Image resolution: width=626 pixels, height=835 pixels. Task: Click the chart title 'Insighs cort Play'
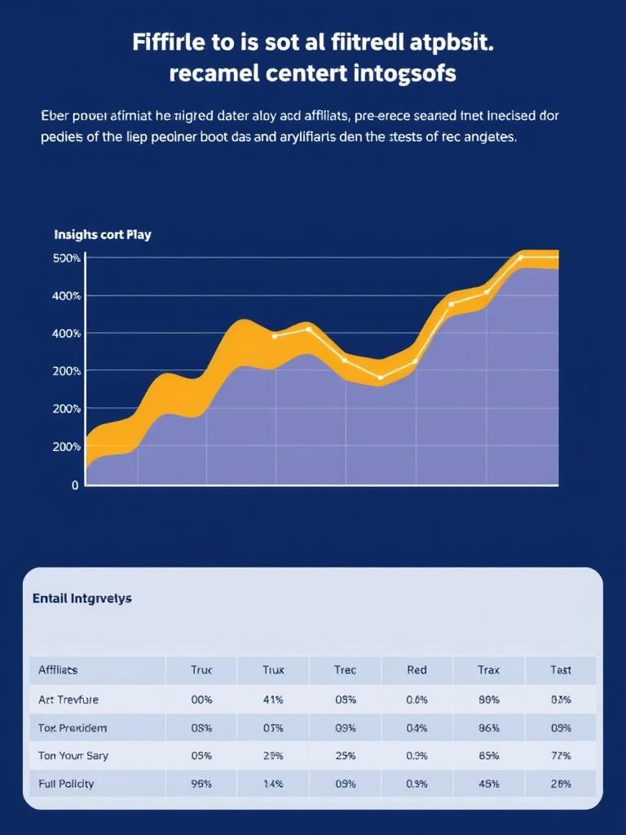(x=102, y=235)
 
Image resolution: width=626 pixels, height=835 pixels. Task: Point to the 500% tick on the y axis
(x=66, y=258)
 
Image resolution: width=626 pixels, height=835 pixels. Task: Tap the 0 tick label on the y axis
(x=75, y=485)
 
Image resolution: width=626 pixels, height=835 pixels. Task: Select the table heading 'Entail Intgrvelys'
(x=82, y=599)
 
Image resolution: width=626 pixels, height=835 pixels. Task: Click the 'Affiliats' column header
(x=58, y=670)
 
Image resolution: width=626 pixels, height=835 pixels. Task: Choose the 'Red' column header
(x=417, y=670)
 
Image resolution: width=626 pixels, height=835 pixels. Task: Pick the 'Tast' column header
(x=560, y=670)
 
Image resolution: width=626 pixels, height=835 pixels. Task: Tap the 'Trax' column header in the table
(x=488, y=670)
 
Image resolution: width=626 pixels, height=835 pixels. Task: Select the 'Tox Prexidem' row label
(x=73, y=727)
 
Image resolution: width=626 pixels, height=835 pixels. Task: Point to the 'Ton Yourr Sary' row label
(x=73, y=756)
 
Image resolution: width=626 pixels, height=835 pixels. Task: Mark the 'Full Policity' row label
(x=66, y=784)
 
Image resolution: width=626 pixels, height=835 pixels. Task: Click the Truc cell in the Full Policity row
(x=201, y=784)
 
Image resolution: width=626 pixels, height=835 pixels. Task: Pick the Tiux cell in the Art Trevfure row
(x=273, y=700)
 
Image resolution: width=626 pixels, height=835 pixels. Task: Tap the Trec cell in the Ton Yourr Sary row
(x=345, y=756)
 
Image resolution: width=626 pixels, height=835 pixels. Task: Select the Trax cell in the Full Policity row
(x=488, y=784)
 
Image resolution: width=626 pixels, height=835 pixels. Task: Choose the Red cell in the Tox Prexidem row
(x=417, y=727)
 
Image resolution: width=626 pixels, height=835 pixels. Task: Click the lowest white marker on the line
(x=380, y=378)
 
